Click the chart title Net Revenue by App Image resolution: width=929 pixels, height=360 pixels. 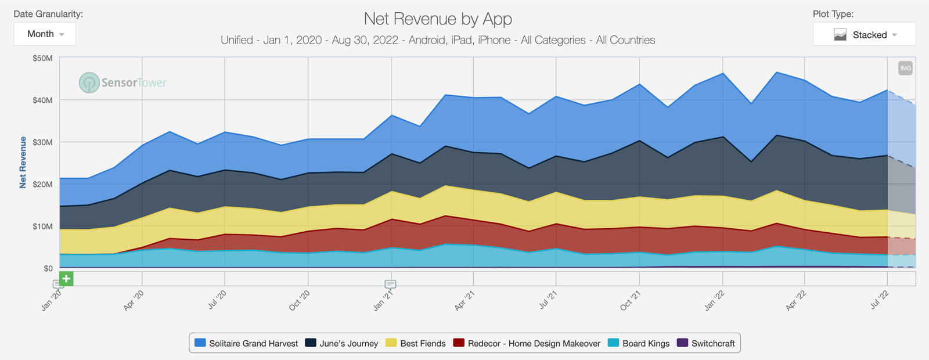coord(438,19)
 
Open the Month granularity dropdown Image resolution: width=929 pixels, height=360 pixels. coord(45,34)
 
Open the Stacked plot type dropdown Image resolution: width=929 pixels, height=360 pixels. coord(864,35)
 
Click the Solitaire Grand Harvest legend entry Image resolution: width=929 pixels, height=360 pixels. coord(247,343)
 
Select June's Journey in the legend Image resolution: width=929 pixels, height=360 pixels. coord(342,343)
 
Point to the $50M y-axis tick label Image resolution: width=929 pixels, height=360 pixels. coord(42,58)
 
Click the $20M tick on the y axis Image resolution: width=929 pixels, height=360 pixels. coord(42,184)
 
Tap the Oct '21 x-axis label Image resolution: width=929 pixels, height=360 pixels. coord(631,301)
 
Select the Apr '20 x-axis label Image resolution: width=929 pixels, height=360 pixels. coord(134,301)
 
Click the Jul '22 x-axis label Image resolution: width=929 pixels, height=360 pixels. coord(879,301)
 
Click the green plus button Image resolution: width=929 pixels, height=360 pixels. coord(66,279)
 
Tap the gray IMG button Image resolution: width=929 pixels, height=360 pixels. coord(905,68)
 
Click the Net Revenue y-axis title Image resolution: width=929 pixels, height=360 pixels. coord(23,163)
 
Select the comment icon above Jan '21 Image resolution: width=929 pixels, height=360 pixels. coord(390,284)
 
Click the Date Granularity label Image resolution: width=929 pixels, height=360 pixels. coord(48,14)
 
